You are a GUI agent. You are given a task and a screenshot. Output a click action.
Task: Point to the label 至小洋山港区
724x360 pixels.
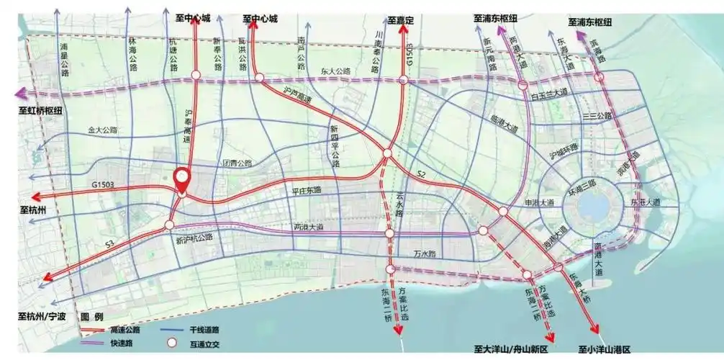[x=605, y=349]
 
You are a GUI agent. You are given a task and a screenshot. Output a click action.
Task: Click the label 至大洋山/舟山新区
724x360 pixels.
[x=512, y=349]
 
